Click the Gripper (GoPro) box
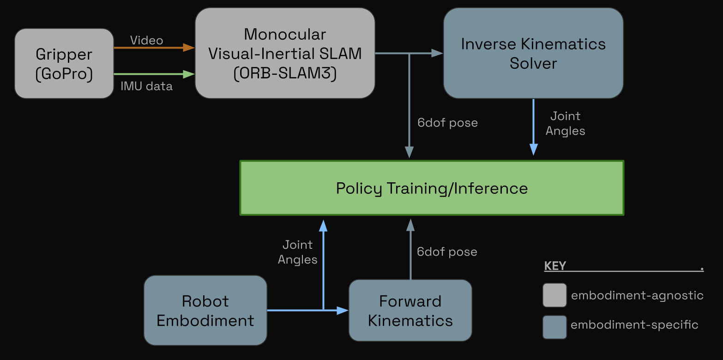tap(64, 64)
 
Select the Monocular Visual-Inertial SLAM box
tap(285, 53)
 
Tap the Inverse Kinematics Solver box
tap(533, 53)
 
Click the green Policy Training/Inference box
tap(432, 188)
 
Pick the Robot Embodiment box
tap(205, 310)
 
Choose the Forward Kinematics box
tap(410, 310)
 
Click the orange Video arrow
tap(152, 47)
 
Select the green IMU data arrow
tap(152, 74)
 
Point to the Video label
tap(146, 40)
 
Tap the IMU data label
tap(146, 86)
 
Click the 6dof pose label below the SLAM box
tap(447, 123)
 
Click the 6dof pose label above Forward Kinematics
tap(446, 252)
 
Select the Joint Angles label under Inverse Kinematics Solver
tap(565, 123)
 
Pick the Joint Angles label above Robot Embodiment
tap(297, 252)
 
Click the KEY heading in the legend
tap(555, 266)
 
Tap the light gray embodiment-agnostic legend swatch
tap(554, 295)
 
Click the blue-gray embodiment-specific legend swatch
tap(554, 327)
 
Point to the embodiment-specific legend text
tap(634, 325)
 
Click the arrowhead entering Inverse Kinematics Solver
tap(437, 54)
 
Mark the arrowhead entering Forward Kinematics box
tap(343, 310)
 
